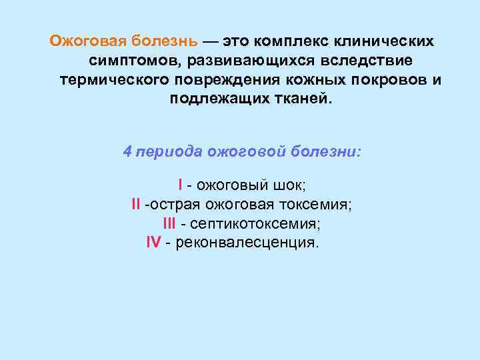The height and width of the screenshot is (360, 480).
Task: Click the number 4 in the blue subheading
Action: click(x=127, y=151)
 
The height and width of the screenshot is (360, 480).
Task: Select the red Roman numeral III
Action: click(x=169, y=223)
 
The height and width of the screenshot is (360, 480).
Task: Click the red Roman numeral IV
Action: click(x=153, y=242)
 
